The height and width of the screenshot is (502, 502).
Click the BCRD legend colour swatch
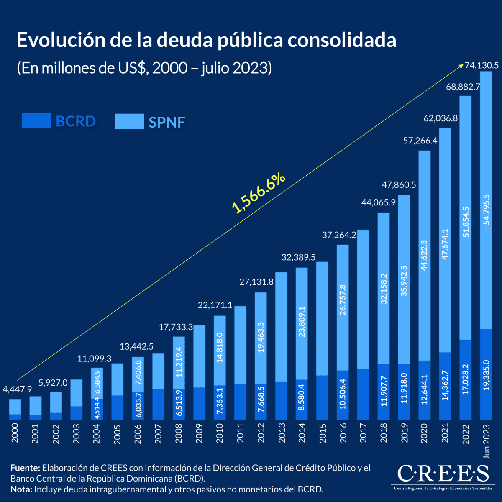36,120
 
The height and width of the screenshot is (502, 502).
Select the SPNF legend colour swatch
129,121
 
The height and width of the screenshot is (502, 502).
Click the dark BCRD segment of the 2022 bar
466,379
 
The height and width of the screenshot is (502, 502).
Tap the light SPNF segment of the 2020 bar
425,255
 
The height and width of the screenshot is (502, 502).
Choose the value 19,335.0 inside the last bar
486,375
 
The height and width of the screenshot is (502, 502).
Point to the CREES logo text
443,474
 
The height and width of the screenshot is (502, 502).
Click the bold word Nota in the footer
21,489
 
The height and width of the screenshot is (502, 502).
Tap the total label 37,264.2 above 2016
339,235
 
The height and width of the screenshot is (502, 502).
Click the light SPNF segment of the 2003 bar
76,392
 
